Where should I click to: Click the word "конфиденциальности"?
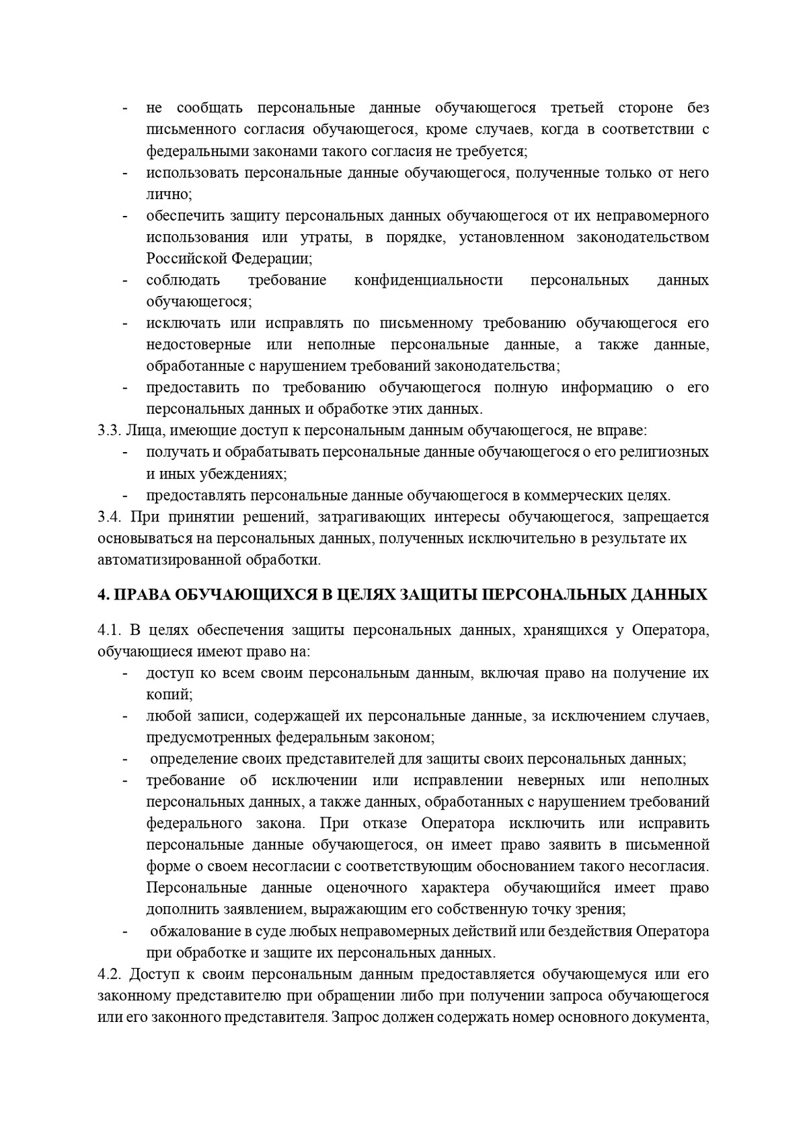point(428,280)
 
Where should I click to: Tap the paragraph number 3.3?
point(108,431)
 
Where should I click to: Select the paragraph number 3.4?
point(108,517)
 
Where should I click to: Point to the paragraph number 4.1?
point(108,630)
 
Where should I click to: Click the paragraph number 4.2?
point(108,974)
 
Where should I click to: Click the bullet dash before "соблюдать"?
point(125,280)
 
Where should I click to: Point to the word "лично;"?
point(169,194)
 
